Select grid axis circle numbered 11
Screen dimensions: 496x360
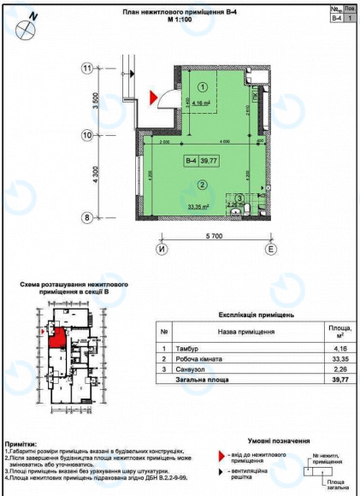click(x=87, y=69)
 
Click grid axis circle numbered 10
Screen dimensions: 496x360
click(x=87, y=135)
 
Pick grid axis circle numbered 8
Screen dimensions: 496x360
click(x=87, y=217)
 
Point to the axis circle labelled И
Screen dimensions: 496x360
click(x=160, y=249)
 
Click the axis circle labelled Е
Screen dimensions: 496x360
click(x=270, y=249)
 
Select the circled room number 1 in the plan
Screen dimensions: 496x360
click(x=203, y=86)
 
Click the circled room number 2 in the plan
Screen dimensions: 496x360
click(x=203, y=184)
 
